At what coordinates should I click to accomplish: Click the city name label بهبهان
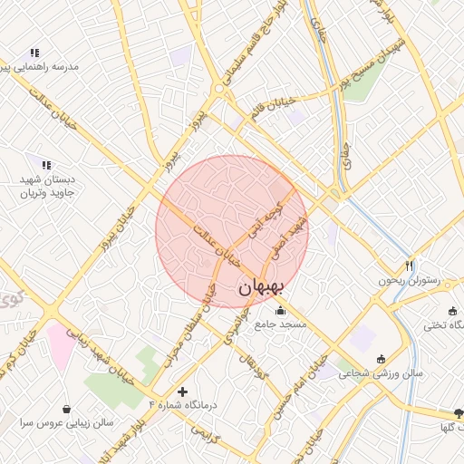[x=262, y=287]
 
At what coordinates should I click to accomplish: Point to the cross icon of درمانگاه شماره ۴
[x=184, y=392]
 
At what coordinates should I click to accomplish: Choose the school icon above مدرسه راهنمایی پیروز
[x=34, y=53]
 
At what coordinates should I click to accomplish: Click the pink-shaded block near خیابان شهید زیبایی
[x=62, y=344]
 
